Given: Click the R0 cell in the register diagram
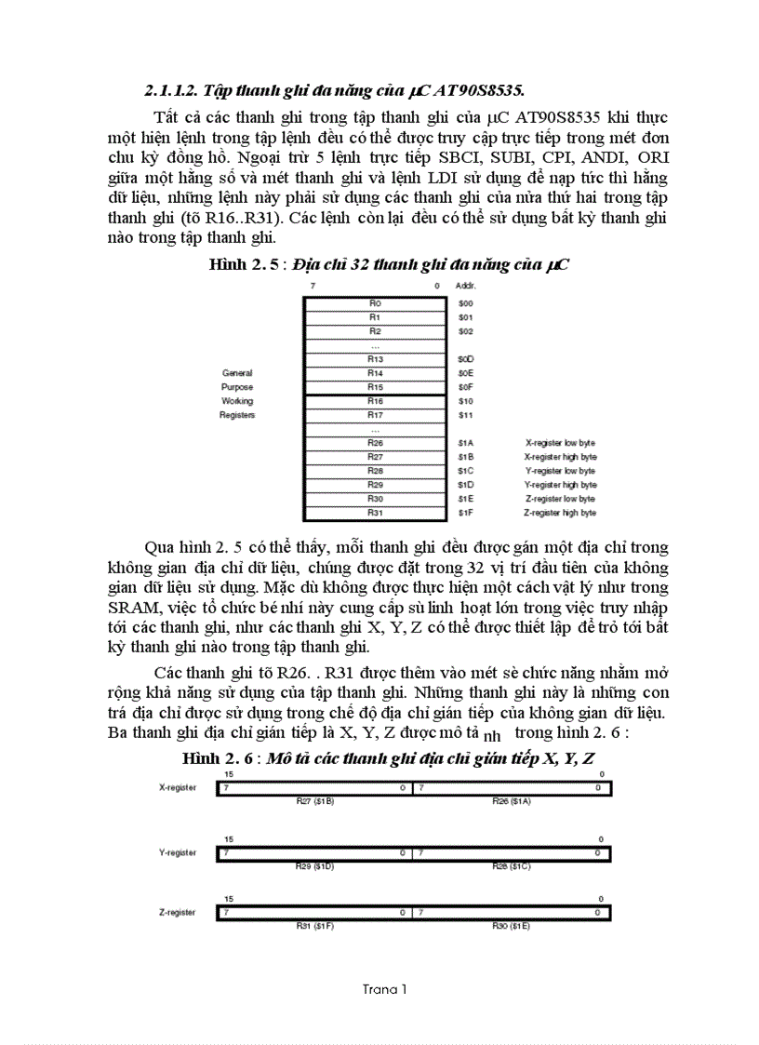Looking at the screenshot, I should click(x=375, y=303).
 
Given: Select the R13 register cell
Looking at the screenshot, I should click(x=375, y=358).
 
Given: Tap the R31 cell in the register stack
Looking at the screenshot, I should click(x=375, y=513).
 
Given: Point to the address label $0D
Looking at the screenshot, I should click(x=465, y=358).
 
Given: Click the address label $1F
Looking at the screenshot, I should click(x=465, y=513).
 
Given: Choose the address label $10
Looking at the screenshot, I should click(x=465, y=401).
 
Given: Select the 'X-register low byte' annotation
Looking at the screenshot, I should click(x=560, y=443).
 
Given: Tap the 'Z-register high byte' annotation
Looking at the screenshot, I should click(x=560, y=513).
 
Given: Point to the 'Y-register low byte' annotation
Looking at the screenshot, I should click(x=560, y=471).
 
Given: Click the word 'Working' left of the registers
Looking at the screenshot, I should click(x=236, y=401).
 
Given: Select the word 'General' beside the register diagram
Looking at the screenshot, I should click(x=236, y=373).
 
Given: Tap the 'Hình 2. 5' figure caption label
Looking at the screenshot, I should click(x=248, y=265).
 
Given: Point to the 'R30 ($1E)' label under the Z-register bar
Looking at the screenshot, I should click(x=512, y=927).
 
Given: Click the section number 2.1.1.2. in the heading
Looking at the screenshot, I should click(x=172, y=90).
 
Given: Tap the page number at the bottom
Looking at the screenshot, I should click(x=384, y=989).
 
